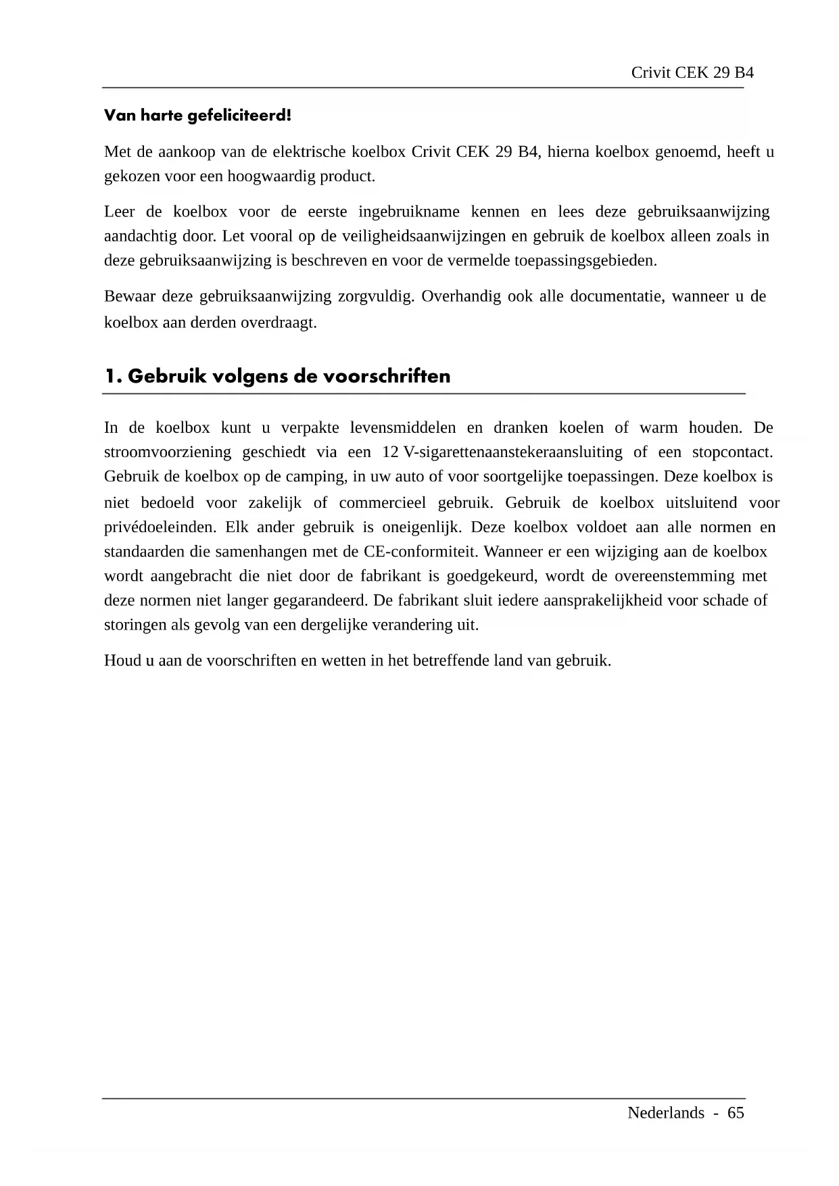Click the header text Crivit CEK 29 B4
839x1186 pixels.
tap(692, 73)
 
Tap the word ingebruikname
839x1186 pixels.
tap(408, 212)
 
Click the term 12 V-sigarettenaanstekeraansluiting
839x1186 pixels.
tap(502, 452)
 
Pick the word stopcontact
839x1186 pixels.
tap(732, 452)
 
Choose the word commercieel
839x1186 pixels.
tap(382, 503)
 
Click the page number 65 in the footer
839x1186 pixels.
tap(736, 1113)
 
